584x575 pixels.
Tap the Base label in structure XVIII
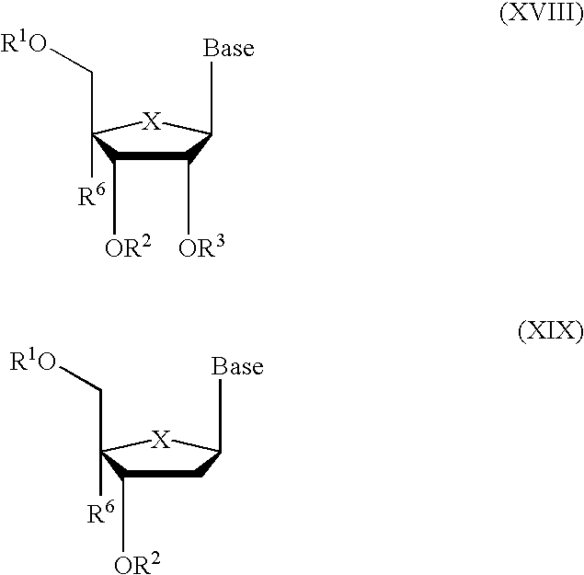click(228, 49)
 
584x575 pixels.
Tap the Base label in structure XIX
click(237, 367)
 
